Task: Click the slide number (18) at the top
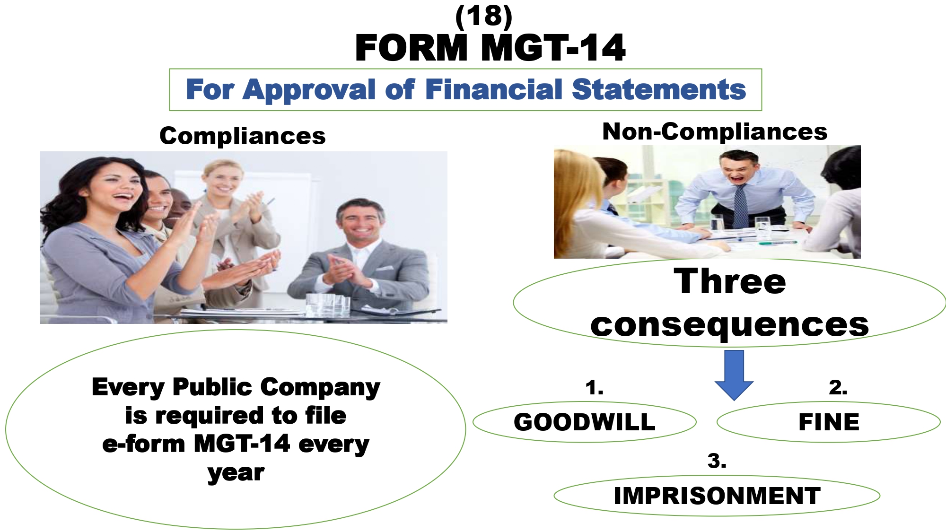pyautogui.click(x=483, y=17)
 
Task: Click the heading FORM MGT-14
pyautogui.click(x=490, y=48)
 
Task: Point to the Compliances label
pyautogui.click(x=243, y=136)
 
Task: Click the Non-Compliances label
pyautogui.click(x=715, y=131)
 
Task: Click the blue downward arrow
pyautogui.click(x=734, y=375)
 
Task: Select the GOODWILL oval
pyautogui.click(x=585, y=422)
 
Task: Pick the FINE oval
pyautogui.click(x=829, y=422)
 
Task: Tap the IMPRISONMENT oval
pyautogui.click(x=717, y=496)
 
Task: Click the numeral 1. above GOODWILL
pyautogui.click(x=594, y=388)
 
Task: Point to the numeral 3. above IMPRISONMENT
pyautogui.click(x=717, y=461)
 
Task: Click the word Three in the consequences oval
pyautogui.click(x=730, y=281)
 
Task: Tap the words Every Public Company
pyautogui.click(x=236, y=388)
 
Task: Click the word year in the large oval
pyautogui.click(x=236, y=472)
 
